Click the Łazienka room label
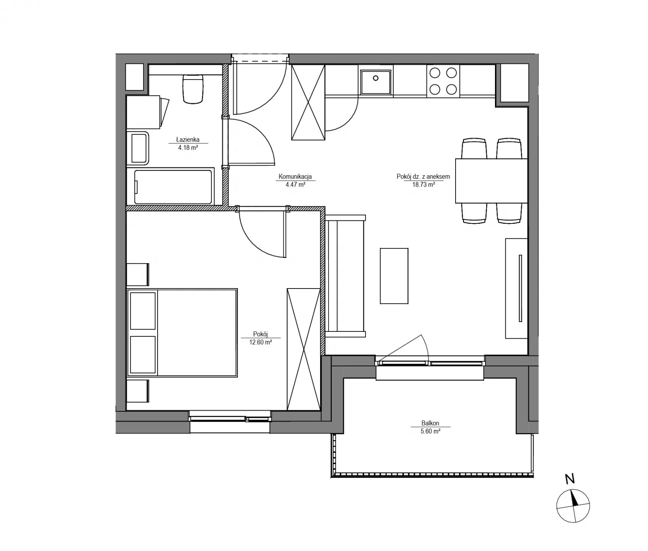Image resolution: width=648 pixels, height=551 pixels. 187,140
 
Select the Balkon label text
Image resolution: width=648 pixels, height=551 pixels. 430,423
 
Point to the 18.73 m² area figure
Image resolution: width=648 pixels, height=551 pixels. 423,184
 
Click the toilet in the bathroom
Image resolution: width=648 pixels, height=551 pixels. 193,89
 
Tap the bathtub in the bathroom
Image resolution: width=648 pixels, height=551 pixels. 173,187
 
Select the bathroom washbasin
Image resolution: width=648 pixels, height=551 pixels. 139,148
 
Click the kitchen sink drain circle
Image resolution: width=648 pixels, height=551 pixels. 376,78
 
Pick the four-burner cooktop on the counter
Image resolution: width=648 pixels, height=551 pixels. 443,81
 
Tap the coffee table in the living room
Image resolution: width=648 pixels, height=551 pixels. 394,276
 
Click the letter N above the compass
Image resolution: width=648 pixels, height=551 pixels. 570,479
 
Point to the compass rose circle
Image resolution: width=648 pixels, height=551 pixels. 573,506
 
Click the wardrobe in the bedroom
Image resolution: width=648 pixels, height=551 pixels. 304,349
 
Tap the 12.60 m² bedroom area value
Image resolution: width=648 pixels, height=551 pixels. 261,342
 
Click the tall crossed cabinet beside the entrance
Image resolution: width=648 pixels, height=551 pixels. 308,102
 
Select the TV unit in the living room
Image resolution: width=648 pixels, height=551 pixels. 517,288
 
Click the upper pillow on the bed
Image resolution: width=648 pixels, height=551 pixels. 143,311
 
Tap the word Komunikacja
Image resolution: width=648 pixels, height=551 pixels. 295,177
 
